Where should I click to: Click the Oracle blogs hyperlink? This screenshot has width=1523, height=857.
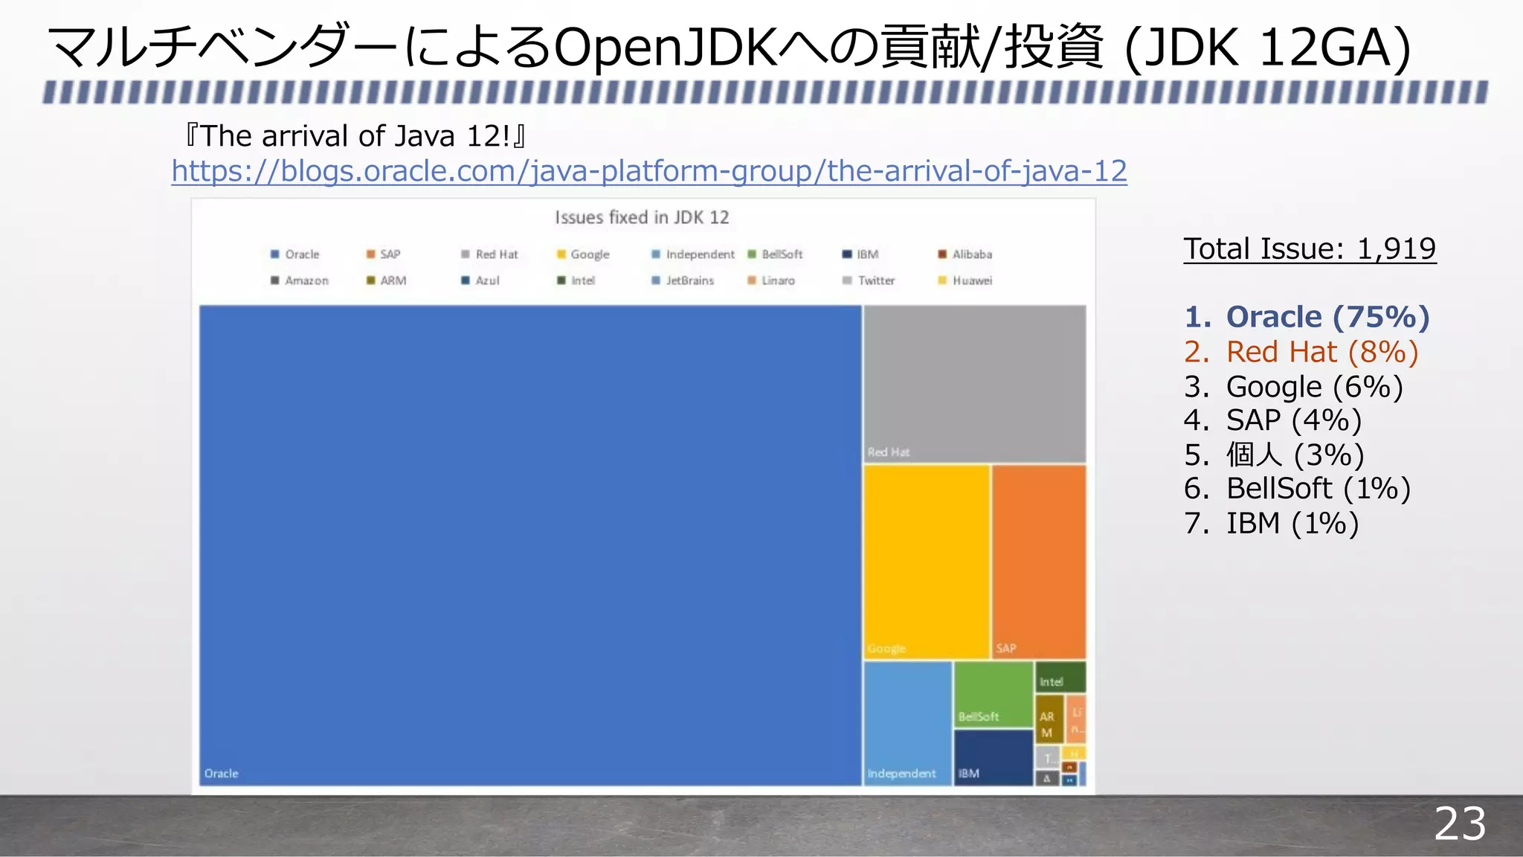coord(648,171)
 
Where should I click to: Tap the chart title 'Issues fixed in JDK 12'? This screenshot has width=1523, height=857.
coord(642,217)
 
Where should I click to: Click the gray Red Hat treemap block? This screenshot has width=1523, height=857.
coord(974,383)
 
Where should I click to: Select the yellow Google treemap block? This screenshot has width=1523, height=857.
coord(926,562)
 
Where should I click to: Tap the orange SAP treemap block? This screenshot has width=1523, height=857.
coord(1038,562)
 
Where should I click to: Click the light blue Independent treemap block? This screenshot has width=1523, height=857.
coord(907,722)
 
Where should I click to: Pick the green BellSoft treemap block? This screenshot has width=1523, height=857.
coord(993,693)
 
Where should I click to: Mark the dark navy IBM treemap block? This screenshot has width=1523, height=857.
coord(993,757)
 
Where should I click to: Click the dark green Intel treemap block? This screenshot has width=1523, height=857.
coord(1060,677)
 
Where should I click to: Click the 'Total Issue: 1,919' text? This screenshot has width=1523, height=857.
coord(1309,249)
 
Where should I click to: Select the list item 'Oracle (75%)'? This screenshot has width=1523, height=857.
coord(1327,317)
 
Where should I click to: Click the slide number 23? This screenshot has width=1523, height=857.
coord(1459,824)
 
